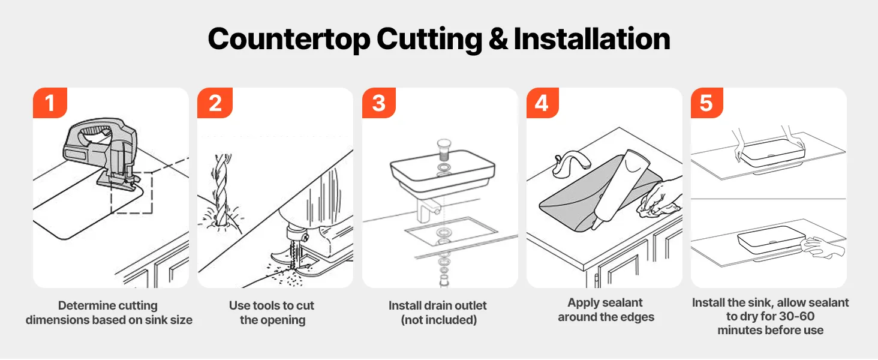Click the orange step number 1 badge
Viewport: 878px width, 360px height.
(x=50, y=103)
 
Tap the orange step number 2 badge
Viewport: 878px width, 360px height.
(x=215, y=103)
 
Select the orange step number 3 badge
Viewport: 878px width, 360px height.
(x=378, y=103)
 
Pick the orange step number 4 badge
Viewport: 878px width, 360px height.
(x=542, y=103)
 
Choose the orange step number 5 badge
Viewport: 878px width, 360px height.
(x=706, y=103)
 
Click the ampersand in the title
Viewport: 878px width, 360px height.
(x=498, y=39)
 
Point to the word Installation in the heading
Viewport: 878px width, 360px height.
(x=592, y=39)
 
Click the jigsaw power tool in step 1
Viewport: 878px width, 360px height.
(x=103, y=154)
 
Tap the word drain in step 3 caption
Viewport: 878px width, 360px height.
(x=431, y=305)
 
